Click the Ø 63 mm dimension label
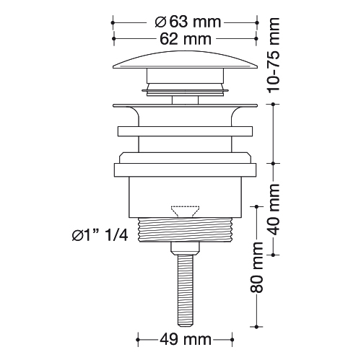pyautogui.click(x=188, y=22)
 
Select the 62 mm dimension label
pyautogui.click(x=186, y=39)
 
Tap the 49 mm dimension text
pyautogui.click(x=186, y=340)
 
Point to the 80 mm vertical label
pyautogui.click(x=256, y=268)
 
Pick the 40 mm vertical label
pyautogui.click(x=274, y=209)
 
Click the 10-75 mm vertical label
pyautogui.click(x=274, y=56)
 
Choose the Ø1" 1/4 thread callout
pyautogui.click(x=100, y=235)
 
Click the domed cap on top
pyautogui.click(x=186, y=60)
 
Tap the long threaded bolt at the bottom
pyautogui.click(x=186, y=290)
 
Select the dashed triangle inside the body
pyautogui.click(x=185, y=211)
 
